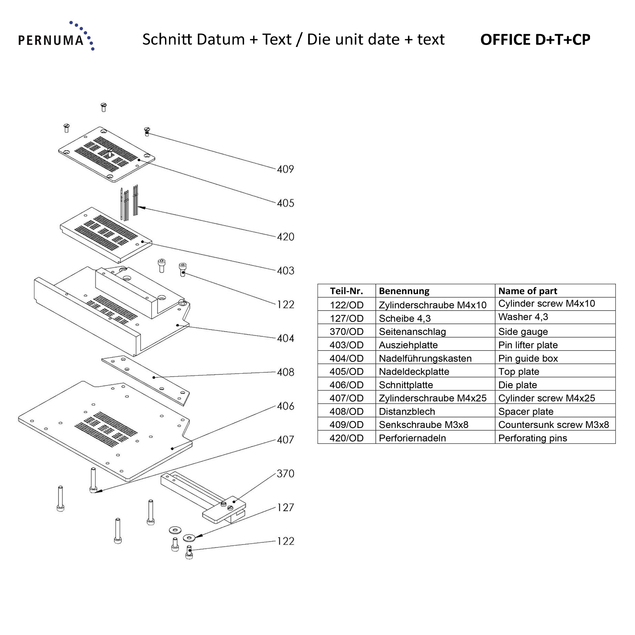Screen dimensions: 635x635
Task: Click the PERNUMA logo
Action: click(56, 37)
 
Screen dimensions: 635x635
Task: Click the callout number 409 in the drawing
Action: click(285, 169)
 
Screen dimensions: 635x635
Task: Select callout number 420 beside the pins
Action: click(285, 237)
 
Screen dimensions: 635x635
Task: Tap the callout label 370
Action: click(285, 474)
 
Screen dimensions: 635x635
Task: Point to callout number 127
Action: click(285, 507)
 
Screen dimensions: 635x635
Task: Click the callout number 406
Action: click(285, 406)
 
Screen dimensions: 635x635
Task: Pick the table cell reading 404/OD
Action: click(346, 358)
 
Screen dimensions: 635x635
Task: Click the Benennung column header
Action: click(404, 291)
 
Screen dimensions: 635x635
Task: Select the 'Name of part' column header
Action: click(528, 291)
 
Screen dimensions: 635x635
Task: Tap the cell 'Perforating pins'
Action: click(532, 438)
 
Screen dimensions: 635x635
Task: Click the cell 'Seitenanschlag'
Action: click(412, 332)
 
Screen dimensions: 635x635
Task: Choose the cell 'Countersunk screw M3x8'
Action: click(553, 425)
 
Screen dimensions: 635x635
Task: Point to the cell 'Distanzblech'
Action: click(407, 411)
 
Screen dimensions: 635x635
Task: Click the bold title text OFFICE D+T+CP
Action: click(535, 40)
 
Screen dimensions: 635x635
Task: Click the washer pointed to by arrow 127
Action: click(189, 537)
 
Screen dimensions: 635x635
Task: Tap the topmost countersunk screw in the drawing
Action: click(104, 107)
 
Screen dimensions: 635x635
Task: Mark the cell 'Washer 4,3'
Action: click(523, 317)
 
